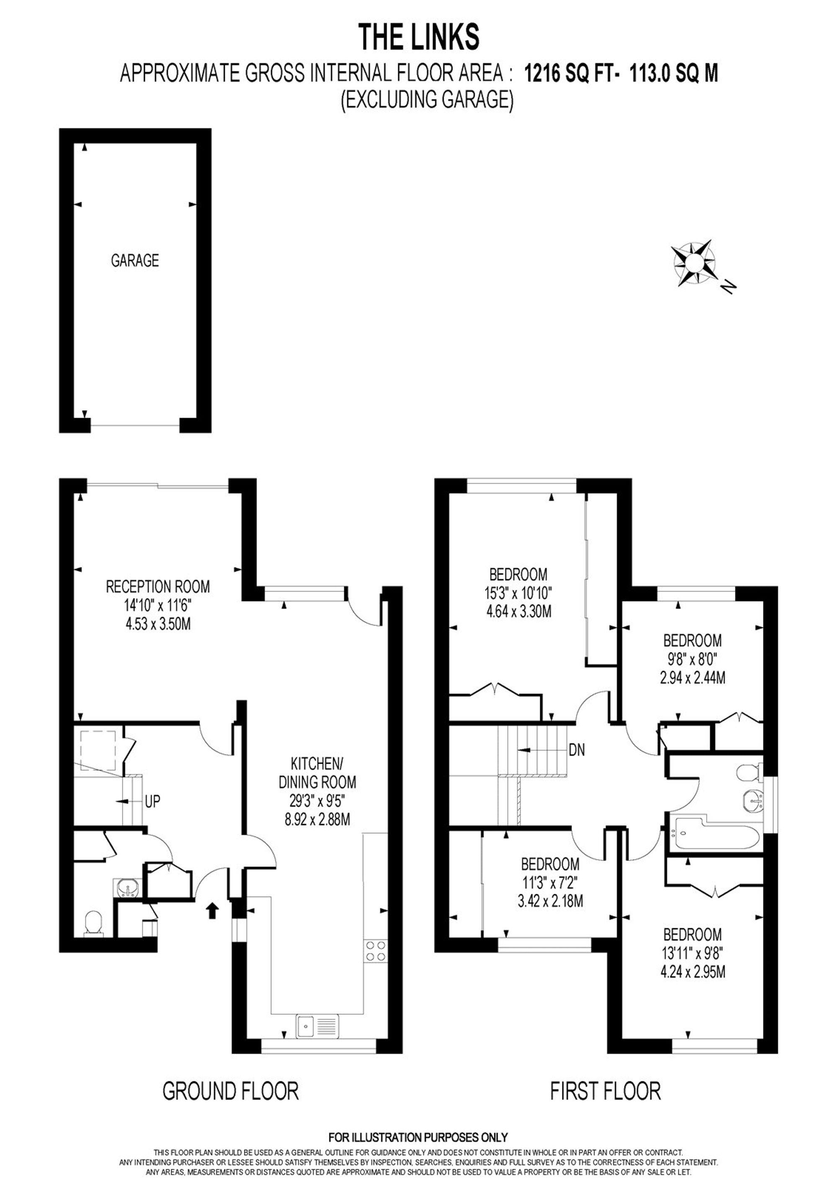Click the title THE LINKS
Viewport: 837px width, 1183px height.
[x=418, y=37]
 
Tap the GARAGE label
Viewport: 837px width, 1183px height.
[x=135, y=260]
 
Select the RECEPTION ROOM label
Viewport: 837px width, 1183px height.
[x=158, y=586]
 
